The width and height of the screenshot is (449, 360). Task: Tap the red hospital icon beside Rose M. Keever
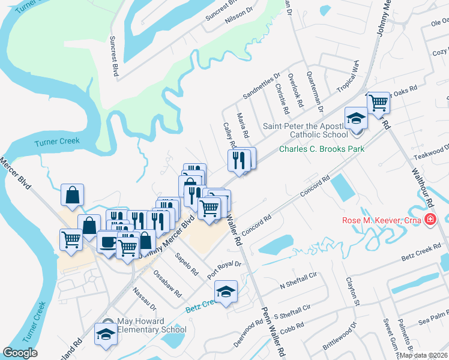(430, 220)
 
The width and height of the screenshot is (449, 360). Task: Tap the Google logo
(20, 352)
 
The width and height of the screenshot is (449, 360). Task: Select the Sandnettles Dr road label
(261, 86)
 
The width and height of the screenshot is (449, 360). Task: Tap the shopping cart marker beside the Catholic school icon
(378, 102)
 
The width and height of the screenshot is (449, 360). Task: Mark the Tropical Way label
(348, 79)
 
